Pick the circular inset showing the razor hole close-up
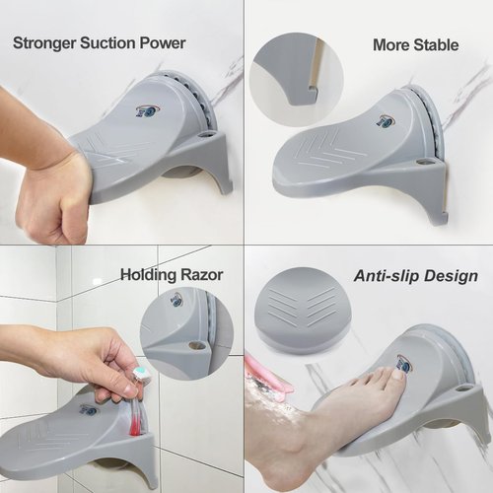(x=186, y=332)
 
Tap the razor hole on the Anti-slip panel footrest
(x=462, y=388)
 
